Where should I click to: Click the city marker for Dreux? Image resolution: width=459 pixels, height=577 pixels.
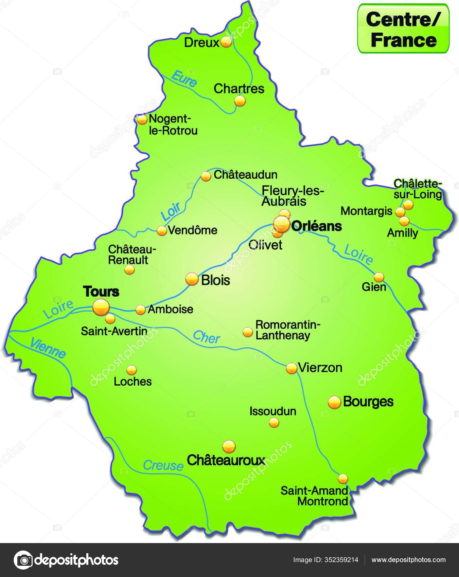tap(226, 42)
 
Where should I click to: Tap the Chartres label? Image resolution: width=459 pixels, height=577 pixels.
tap(239, 89)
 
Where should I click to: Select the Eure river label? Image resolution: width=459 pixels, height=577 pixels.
tap(184, 78)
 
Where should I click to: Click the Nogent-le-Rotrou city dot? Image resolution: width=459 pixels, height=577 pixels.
tap(142, 119)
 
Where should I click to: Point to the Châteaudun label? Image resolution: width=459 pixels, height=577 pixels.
tap(245, 175)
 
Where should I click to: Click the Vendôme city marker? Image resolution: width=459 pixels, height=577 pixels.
tap(162, 231)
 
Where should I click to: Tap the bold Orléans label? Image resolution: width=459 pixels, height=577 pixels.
tap(316, 226)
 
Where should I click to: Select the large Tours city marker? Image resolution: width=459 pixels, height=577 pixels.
tap(101, 307)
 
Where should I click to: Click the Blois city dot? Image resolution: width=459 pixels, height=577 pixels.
tap(192, 279)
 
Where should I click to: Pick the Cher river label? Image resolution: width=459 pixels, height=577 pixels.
tap(207, 337)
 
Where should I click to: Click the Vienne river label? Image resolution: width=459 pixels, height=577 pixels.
tap(48, 348)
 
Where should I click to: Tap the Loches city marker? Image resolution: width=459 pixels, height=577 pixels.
tap(131, 370)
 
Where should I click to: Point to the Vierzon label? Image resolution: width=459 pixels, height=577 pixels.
tap(320, 368)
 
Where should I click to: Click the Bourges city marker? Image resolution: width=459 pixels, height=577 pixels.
tap(334, 402)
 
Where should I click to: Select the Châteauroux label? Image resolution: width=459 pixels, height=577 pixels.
tap(226, 460)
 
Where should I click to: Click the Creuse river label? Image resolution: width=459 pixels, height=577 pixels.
tap(163, 465)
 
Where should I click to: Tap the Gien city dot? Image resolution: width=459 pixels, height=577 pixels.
tap(379, 277)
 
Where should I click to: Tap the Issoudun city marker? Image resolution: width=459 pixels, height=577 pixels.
tap(274, 423)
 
